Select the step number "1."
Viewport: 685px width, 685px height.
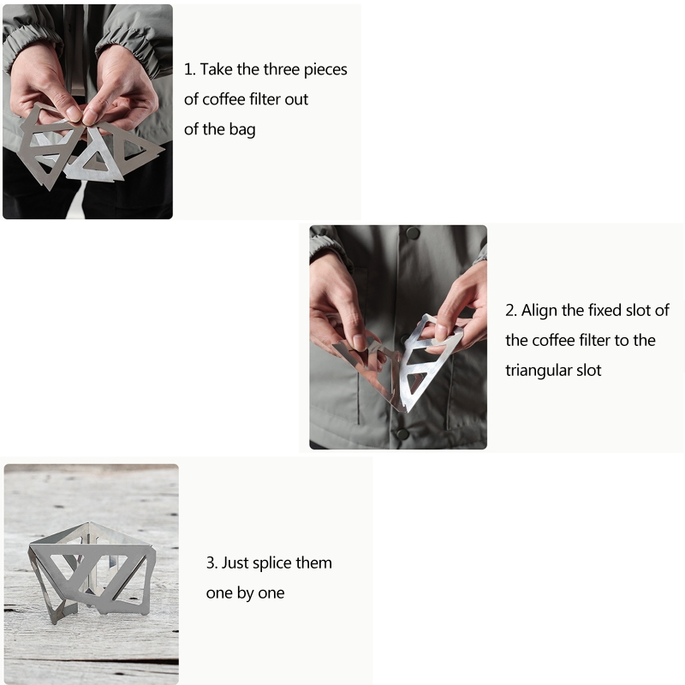tap(189, 70)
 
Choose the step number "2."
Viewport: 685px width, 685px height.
tap(511, 311)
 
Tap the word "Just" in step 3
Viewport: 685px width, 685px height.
tap(235, 563)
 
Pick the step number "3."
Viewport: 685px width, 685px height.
tap(211, 563)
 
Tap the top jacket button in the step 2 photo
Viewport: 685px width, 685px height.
tap(413, 233)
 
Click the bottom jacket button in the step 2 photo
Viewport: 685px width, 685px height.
tap(402, 434)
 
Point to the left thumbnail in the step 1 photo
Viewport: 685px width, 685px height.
tap(73, 113)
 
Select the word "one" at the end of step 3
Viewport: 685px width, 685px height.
tap(271, 593)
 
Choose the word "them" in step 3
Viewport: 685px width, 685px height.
tap(318, 563)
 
